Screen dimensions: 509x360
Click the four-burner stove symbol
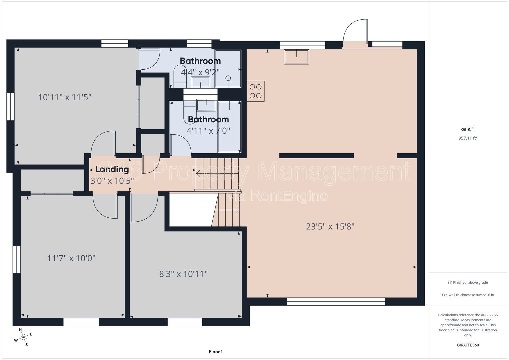256,91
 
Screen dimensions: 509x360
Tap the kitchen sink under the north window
296,57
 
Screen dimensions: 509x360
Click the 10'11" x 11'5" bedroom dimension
65,97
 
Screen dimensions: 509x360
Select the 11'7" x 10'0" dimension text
71,258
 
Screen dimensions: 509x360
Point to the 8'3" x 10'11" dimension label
183,274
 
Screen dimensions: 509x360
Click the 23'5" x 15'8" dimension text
330,226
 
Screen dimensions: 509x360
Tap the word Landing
112,169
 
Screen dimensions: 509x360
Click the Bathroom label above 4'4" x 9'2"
200,61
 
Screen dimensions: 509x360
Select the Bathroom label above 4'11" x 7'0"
208,119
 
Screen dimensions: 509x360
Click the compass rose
23,337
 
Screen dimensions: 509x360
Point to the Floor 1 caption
216,352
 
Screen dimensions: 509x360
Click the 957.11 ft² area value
468,138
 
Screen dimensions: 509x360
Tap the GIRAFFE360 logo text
468,345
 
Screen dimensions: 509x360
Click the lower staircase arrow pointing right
227,210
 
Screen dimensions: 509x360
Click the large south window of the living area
336,302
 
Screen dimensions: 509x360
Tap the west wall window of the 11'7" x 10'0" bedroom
17,259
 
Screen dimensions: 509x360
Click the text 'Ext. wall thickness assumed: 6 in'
468,295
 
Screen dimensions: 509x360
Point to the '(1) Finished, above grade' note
468,283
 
